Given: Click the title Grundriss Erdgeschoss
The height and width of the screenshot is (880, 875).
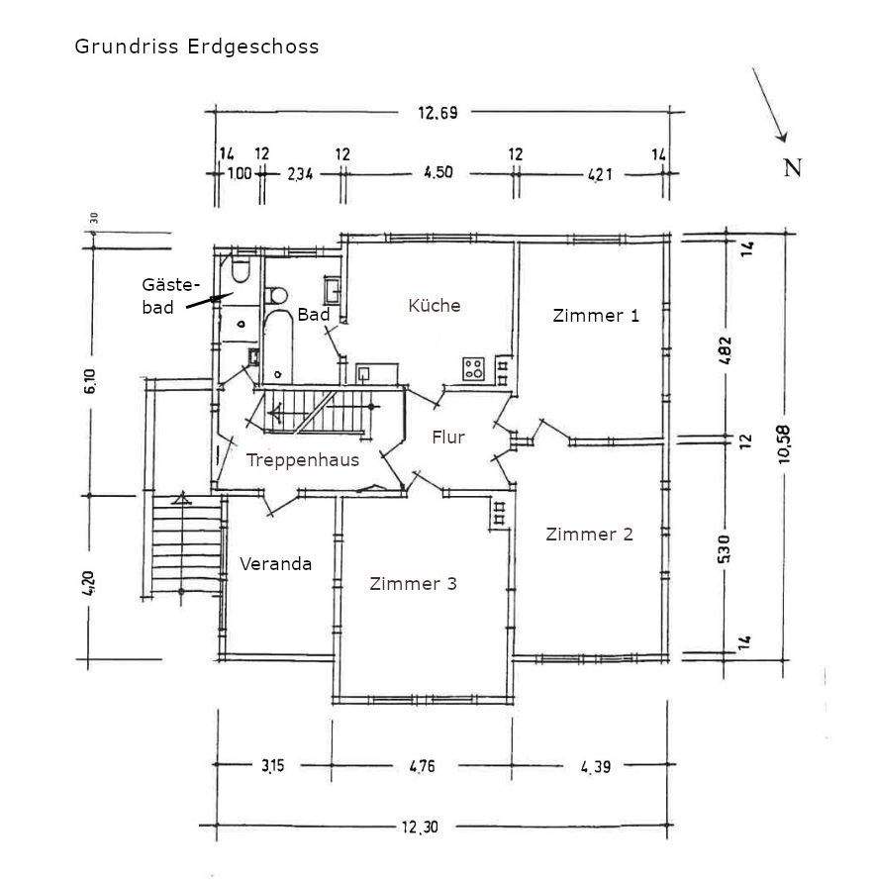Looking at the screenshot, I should (197, 47).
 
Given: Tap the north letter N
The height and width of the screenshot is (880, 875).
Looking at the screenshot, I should (792, 167).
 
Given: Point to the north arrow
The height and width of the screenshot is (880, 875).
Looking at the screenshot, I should (769, 105).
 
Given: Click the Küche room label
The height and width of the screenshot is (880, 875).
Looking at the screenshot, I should (435, 305).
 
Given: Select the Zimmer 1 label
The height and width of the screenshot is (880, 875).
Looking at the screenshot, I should (596, 316).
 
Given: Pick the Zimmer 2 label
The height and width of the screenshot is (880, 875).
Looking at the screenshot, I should (590, 535).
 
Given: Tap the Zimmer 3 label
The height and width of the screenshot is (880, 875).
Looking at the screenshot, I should (413, 584).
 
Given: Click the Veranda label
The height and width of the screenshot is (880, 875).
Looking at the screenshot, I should (276, 564).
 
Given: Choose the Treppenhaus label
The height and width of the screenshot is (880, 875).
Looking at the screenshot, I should (302, 459).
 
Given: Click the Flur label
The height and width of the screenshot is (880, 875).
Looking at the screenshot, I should (448, 437).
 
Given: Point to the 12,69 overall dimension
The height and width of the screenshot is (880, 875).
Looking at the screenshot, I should (437, 113).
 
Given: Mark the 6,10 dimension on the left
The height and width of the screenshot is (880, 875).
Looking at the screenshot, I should (90, 379).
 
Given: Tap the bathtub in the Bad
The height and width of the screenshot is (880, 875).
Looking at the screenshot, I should (278, 347).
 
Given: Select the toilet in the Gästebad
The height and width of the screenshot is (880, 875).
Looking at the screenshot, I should (241, 270).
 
